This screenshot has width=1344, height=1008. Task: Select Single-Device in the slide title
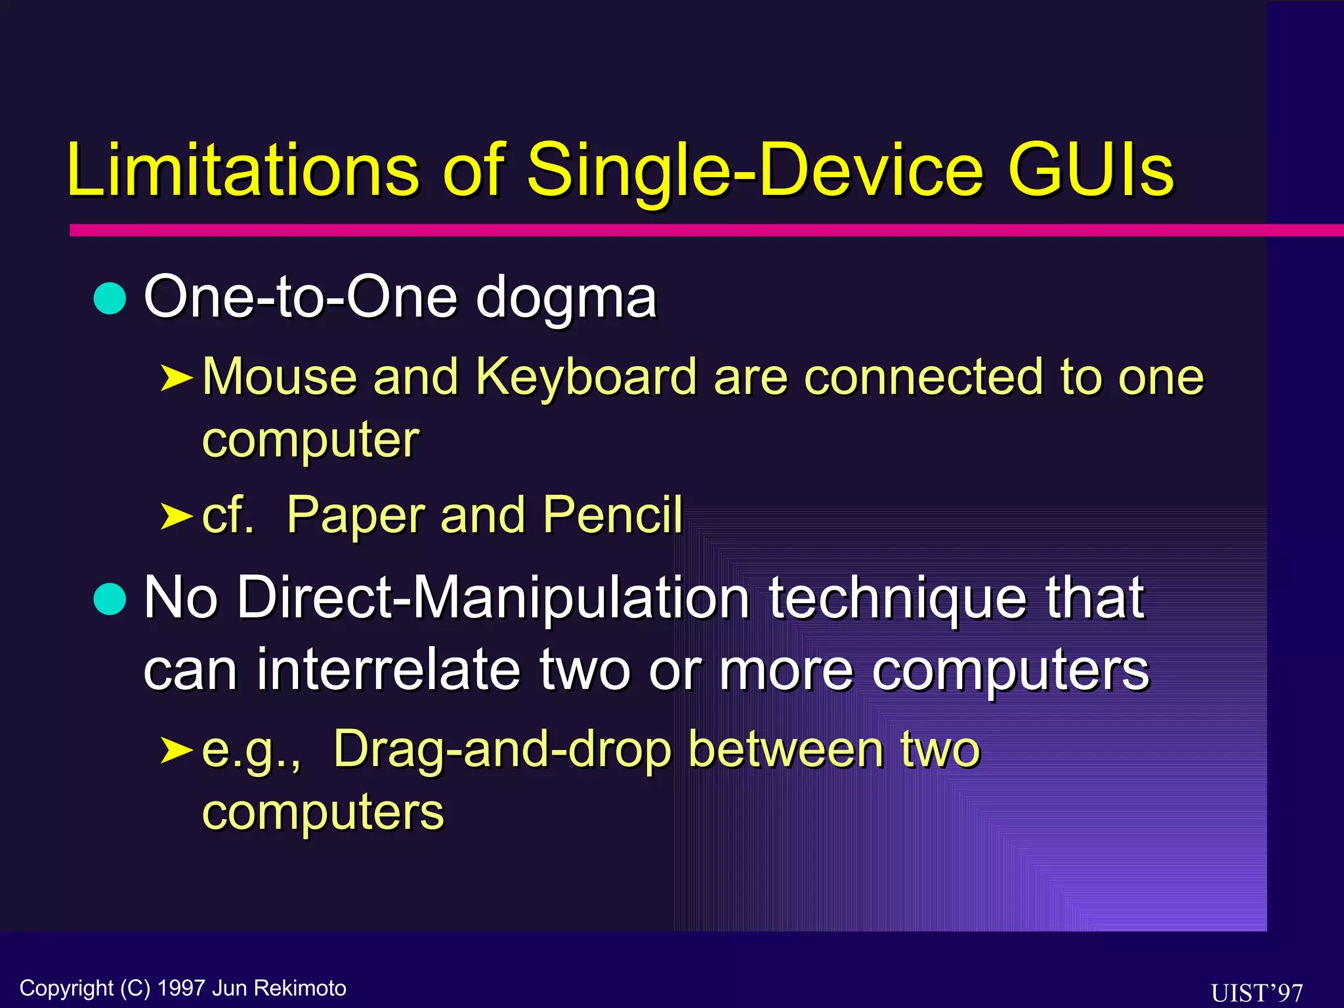coord(755,171)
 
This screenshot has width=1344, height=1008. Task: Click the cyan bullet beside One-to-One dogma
coord(110,299)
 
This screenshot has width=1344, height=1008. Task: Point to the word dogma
coord(566,299)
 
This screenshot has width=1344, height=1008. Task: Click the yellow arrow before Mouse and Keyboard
coord(176,378)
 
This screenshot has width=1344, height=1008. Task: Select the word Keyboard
coord(585,378)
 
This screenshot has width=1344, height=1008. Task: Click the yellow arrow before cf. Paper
coord(176,516)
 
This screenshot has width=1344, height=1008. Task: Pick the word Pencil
coord(613,515)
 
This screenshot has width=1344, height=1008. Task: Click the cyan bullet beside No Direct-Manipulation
coord(110,598)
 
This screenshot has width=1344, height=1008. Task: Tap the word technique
coord(897,598)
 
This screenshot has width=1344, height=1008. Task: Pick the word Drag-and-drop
coord(503,750)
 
